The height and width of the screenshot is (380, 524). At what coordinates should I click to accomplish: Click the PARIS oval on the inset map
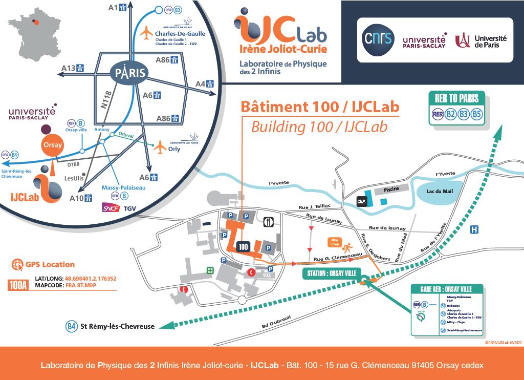pyautogui.click(x=128, y=73)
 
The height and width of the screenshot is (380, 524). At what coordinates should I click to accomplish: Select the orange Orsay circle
pyautogui.click(x=53, y=145)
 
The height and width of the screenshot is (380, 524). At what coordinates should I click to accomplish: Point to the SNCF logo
pyautogui.click(x=111, y=208)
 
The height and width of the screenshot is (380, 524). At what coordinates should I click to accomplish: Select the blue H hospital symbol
pyautogui.click(x=474, y=229)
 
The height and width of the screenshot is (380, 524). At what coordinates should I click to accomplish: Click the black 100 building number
pyautogui.click(x=244, y=246)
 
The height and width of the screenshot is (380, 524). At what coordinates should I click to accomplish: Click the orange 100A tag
pyautogui.click(x=18, y=285)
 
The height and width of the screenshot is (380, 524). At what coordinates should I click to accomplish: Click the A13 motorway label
pyautogui.click(x=69, y=68)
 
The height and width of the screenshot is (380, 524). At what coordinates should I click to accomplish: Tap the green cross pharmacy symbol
pyautogui.click(x=210, y=270)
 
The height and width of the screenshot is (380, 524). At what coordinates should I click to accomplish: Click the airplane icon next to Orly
pyautogui.click(x=161, y=147)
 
